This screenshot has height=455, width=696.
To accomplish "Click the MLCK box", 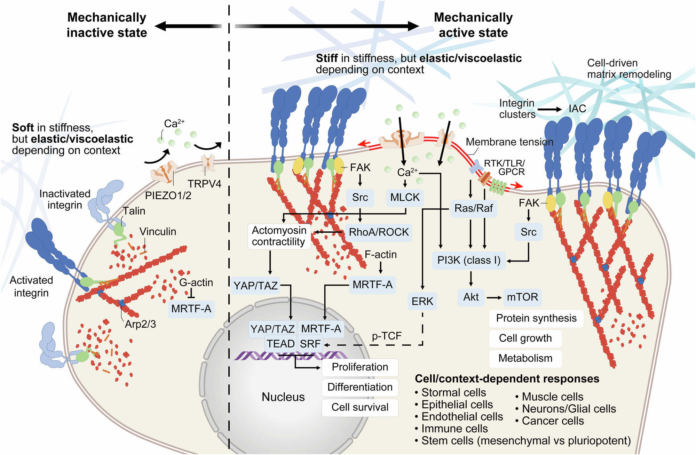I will click(405, 198).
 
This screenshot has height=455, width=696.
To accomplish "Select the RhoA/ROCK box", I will click(379, 232).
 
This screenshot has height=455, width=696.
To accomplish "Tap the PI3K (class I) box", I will click(469, 260).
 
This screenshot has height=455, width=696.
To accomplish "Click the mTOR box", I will click(522, 297).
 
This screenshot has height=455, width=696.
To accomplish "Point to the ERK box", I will click(422, 301).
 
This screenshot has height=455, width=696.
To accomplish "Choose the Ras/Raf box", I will click(474, 208).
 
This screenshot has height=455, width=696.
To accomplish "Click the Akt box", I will click(471, 297).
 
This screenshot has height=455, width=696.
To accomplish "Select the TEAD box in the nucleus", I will click(280, 344).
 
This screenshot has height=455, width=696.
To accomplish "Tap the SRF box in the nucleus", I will click(310, 344).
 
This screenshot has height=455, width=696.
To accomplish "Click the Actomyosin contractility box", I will click(279, 236).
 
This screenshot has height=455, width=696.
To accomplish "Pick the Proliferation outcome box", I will click(360, 367).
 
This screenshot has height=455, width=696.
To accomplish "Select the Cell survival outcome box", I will click(360, 407).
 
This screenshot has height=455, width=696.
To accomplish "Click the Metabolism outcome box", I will click(525, 358).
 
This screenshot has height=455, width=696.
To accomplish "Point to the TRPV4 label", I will click(204, 184).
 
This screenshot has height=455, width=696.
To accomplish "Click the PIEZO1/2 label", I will click(168, 195).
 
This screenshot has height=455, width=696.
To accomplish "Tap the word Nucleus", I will click(283, 397).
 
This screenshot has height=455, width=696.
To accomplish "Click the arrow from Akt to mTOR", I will click(494, 297).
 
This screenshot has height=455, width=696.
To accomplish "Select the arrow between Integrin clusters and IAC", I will click(549, 109).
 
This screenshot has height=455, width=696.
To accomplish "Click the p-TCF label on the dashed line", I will click(387, 336).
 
